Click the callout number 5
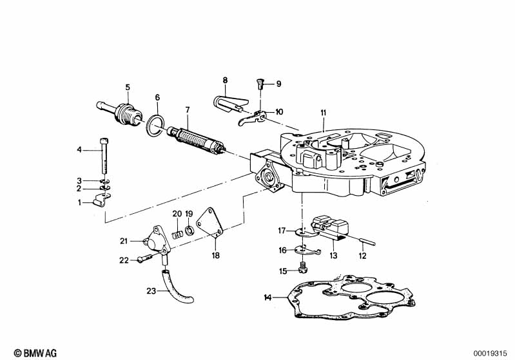[128, 88]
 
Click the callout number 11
[323, 113]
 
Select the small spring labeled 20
[177, 235]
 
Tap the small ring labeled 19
[190, 231]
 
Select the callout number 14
[268, 298]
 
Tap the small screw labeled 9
[260, 85]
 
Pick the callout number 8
[225, 81]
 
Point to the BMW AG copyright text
[35, 353]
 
